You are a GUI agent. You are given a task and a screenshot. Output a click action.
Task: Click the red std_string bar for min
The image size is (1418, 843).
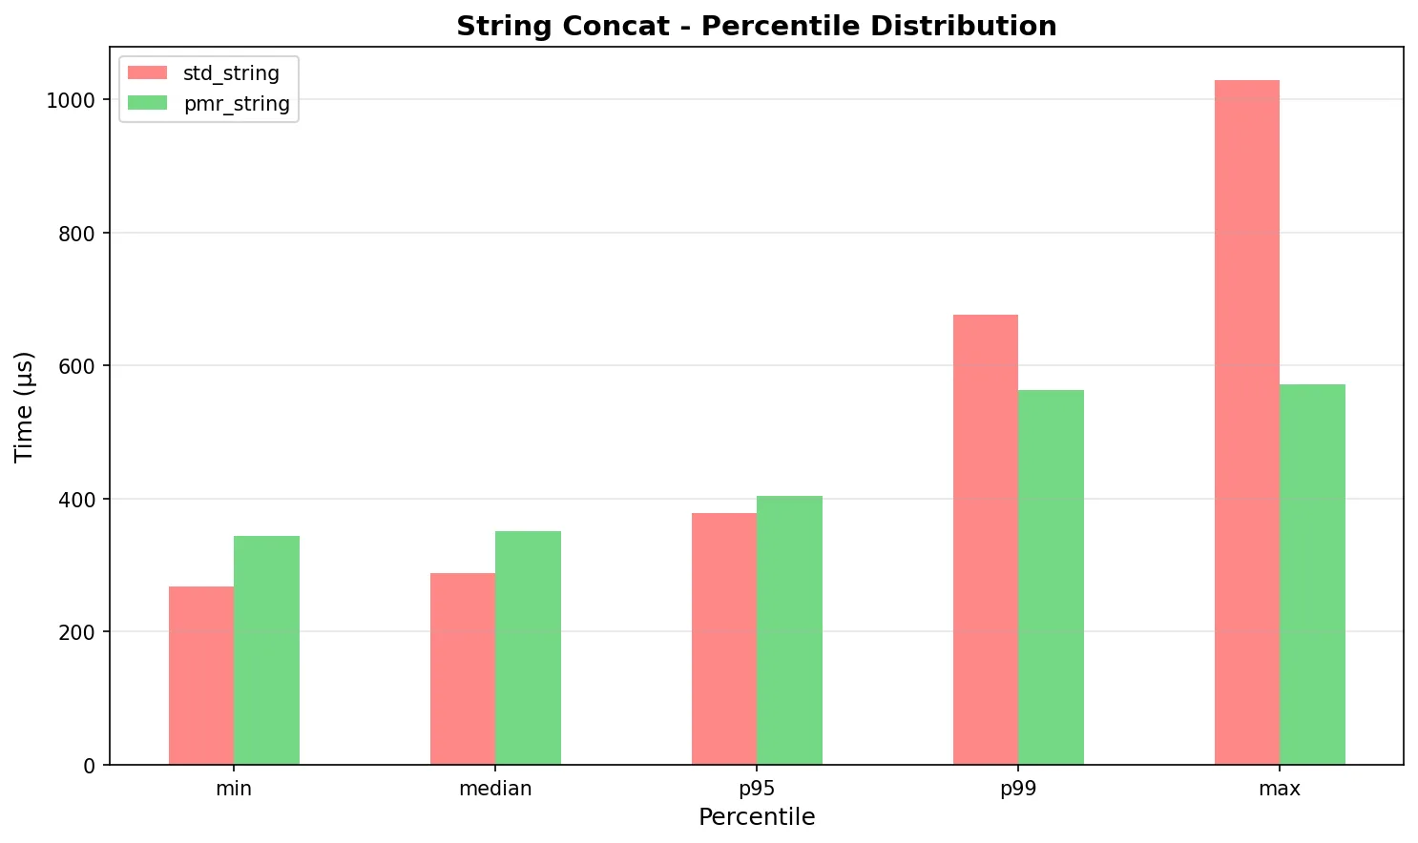coord(201,675)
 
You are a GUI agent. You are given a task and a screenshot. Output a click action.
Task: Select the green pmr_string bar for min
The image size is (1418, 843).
coord(266,649)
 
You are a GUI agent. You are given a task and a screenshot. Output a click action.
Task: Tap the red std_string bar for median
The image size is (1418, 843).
coord(463,668)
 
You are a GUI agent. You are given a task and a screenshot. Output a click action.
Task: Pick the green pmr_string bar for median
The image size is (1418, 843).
coord(528,648)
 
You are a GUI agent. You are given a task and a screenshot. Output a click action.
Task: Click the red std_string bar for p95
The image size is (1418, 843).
coord(724,639)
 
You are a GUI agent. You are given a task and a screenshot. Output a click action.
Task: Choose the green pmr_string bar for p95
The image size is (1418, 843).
coord(789,629)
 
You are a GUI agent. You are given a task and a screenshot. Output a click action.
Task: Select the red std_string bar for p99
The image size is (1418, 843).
coord(986,540)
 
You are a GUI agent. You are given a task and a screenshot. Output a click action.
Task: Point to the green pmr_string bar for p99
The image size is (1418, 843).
coord(1051,577)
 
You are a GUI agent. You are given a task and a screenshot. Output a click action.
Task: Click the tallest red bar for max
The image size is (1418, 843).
coord(1247,422)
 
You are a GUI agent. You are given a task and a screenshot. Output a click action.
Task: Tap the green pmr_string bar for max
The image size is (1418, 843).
coord(1312,574)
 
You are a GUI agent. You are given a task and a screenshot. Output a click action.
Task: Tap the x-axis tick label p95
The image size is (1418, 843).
coord(757,789)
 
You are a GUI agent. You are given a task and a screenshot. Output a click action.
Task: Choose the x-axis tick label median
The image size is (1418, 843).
coord(495,789)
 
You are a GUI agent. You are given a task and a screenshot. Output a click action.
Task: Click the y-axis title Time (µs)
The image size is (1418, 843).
coord(25,406)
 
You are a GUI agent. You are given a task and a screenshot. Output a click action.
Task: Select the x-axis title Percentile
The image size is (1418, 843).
coord(757,817)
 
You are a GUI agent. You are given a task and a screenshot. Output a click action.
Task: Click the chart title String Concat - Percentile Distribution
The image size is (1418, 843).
coord(757,26)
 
